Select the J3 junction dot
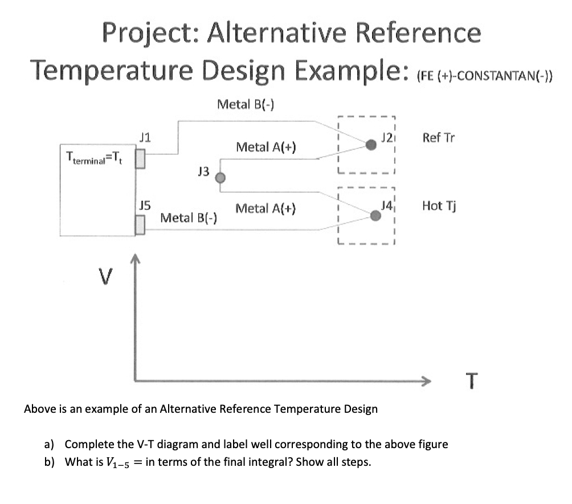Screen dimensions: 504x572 pos(221,178)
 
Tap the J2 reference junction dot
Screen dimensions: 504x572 pos(371,145)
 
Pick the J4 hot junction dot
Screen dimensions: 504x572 pos(375,216)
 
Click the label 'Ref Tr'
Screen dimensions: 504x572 pos(439,137)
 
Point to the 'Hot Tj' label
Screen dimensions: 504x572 pos(438,205)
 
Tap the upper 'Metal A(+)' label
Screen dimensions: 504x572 pos(265,147)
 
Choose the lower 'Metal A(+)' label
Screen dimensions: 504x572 pos(265,208)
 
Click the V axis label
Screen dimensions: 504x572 pos(103,278)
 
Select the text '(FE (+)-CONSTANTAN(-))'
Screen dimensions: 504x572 pos(485,76)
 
